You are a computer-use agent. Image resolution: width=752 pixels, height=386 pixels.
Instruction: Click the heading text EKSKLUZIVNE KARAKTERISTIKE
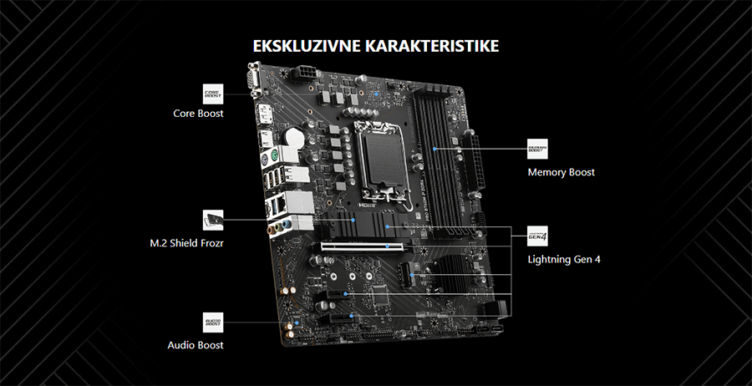(x=376, y=45)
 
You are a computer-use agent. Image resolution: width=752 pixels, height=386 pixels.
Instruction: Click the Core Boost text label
(x=198, y=113)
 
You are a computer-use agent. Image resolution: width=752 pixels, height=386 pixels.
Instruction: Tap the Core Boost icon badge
(x=214, y=93)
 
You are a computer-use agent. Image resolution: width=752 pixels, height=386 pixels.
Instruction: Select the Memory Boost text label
(x=561, y=172)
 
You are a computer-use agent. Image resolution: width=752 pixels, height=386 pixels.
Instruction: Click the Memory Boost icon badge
(x=537, y=149)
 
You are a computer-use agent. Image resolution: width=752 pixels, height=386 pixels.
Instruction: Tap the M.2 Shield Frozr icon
(x=213, y=220)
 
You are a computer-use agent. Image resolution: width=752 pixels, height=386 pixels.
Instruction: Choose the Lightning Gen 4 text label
(x=564, y=259)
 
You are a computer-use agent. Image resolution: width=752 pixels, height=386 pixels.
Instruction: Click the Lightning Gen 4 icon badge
(x=537, y=236)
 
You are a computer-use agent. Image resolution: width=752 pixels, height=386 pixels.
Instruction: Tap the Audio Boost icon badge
(x=214, y=323)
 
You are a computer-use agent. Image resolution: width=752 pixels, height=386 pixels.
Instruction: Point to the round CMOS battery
(x=295, y=136)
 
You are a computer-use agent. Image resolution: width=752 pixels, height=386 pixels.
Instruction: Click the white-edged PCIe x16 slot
(x=359, y=247)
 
